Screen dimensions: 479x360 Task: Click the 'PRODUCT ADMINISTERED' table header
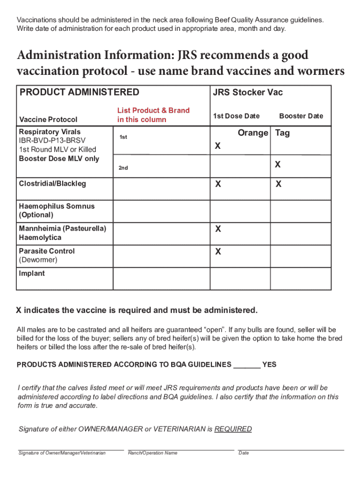click(x=79, y=92)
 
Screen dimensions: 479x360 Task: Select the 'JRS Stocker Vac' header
click(x=248, y=93)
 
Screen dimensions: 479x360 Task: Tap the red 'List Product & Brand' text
click(x=153, y=110)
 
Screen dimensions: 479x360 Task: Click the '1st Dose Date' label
click(x=236, y=116)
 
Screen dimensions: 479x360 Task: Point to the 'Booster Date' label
click(x=301, y=116)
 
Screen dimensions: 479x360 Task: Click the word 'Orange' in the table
click(x=253, y=133)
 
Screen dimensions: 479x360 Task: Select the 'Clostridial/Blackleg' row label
click(x=52, y=184)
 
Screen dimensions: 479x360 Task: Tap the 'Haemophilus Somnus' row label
click(x=57, y=206)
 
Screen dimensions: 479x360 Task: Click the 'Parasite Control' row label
click(x=47, y=251)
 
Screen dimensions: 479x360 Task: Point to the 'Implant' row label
click(x=32, y=274)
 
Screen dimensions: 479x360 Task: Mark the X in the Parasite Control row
click(x=218, y=252)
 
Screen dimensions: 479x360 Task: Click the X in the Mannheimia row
click(x=218, y=230)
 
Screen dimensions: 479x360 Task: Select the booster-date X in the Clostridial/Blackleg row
click(x=278, y=184)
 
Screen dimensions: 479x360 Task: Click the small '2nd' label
click(x=123, y=167)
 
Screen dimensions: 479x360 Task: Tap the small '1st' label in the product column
click(x=123, y=137)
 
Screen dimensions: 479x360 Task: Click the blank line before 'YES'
click(x=246, y=365)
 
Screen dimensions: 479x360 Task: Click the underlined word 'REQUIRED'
click(x=233, y=429)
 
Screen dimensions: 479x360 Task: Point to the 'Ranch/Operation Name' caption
click(x=152, y=453)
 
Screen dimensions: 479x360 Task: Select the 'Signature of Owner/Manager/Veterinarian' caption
click(x=62, y=453)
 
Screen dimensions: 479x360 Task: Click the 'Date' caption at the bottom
click(x=244, y=453)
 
